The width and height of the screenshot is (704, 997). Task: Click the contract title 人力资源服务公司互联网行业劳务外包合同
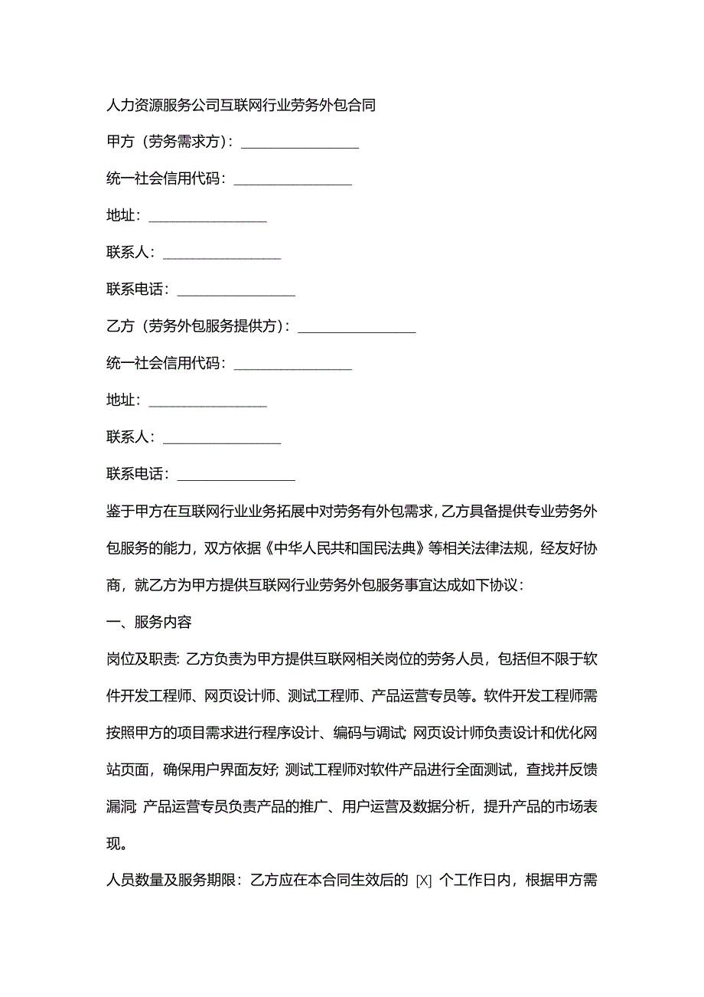pyautogui.click(x=241, y=105)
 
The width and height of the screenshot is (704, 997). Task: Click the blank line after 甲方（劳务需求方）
pyautogui.click(x=300, y=143)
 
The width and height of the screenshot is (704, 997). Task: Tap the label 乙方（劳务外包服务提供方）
pyautogui.click(x=197, y=327)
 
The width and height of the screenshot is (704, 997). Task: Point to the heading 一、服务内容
pyautogui.click(x=149, y=622)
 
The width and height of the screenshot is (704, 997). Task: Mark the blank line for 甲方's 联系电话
pyautogui.click(x=236, y=292)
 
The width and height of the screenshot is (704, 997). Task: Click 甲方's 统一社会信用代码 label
pyautogui.click(x=165, y=179)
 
